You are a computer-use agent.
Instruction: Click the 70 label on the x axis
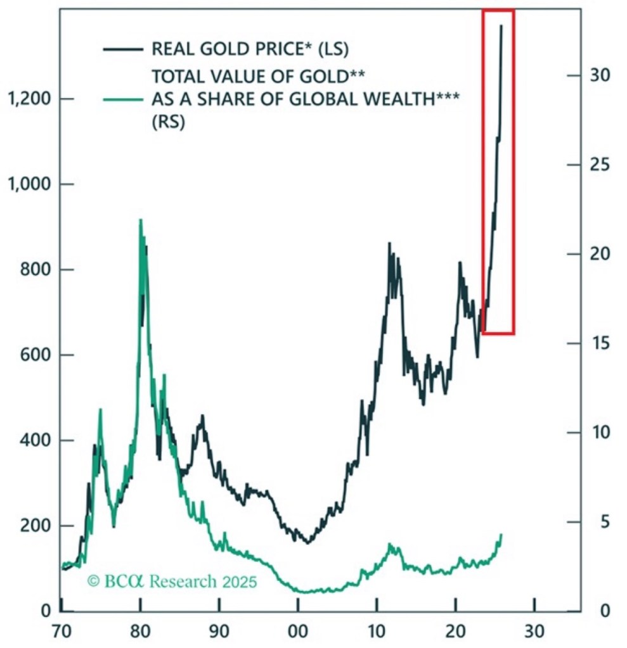click(61, 634)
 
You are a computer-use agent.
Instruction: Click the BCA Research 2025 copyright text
click(172, 581)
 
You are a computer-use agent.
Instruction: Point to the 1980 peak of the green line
click(140, 220)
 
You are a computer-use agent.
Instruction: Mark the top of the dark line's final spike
click(501, 26)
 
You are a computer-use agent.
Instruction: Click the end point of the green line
click(501, 535)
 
